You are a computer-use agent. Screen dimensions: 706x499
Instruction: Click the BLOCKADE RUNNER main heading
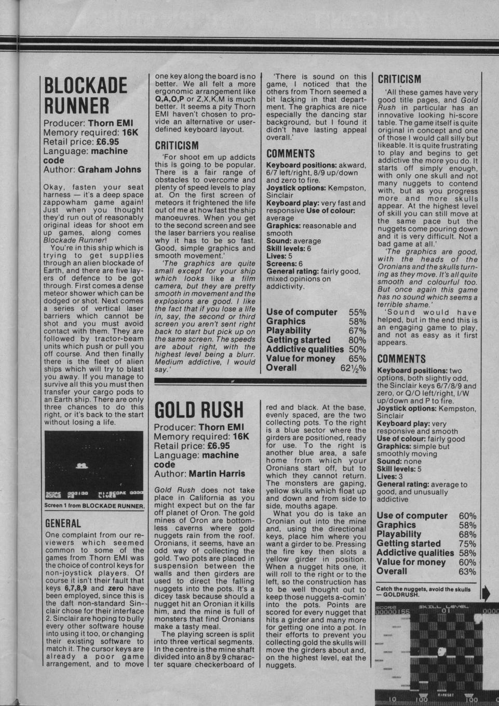(x=85, y=96)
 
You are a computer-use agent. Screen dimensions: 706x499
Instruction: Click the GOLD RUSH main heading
(x=199, y=410)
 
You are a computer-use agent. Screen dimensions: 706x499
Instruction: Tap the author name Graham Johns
(x=110, y=169)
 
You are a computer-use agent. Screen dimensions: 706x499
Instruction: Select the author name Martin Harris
(x=217, y=474)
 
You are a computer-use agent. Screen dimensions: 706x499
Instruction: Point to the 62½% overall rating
(x=353, y=368)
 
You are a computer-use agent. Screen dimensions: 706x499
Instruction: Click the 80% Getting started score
(x=358, y=340)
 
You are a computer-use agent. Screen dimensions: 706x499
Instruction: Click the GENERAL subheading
(x=63, y=524)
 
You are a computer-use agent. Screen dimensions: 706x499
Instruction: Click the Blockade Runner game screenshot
(x=94, y=465)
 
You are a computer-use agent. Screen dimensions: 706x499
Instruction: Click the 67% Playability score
(x=358, y=331)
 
